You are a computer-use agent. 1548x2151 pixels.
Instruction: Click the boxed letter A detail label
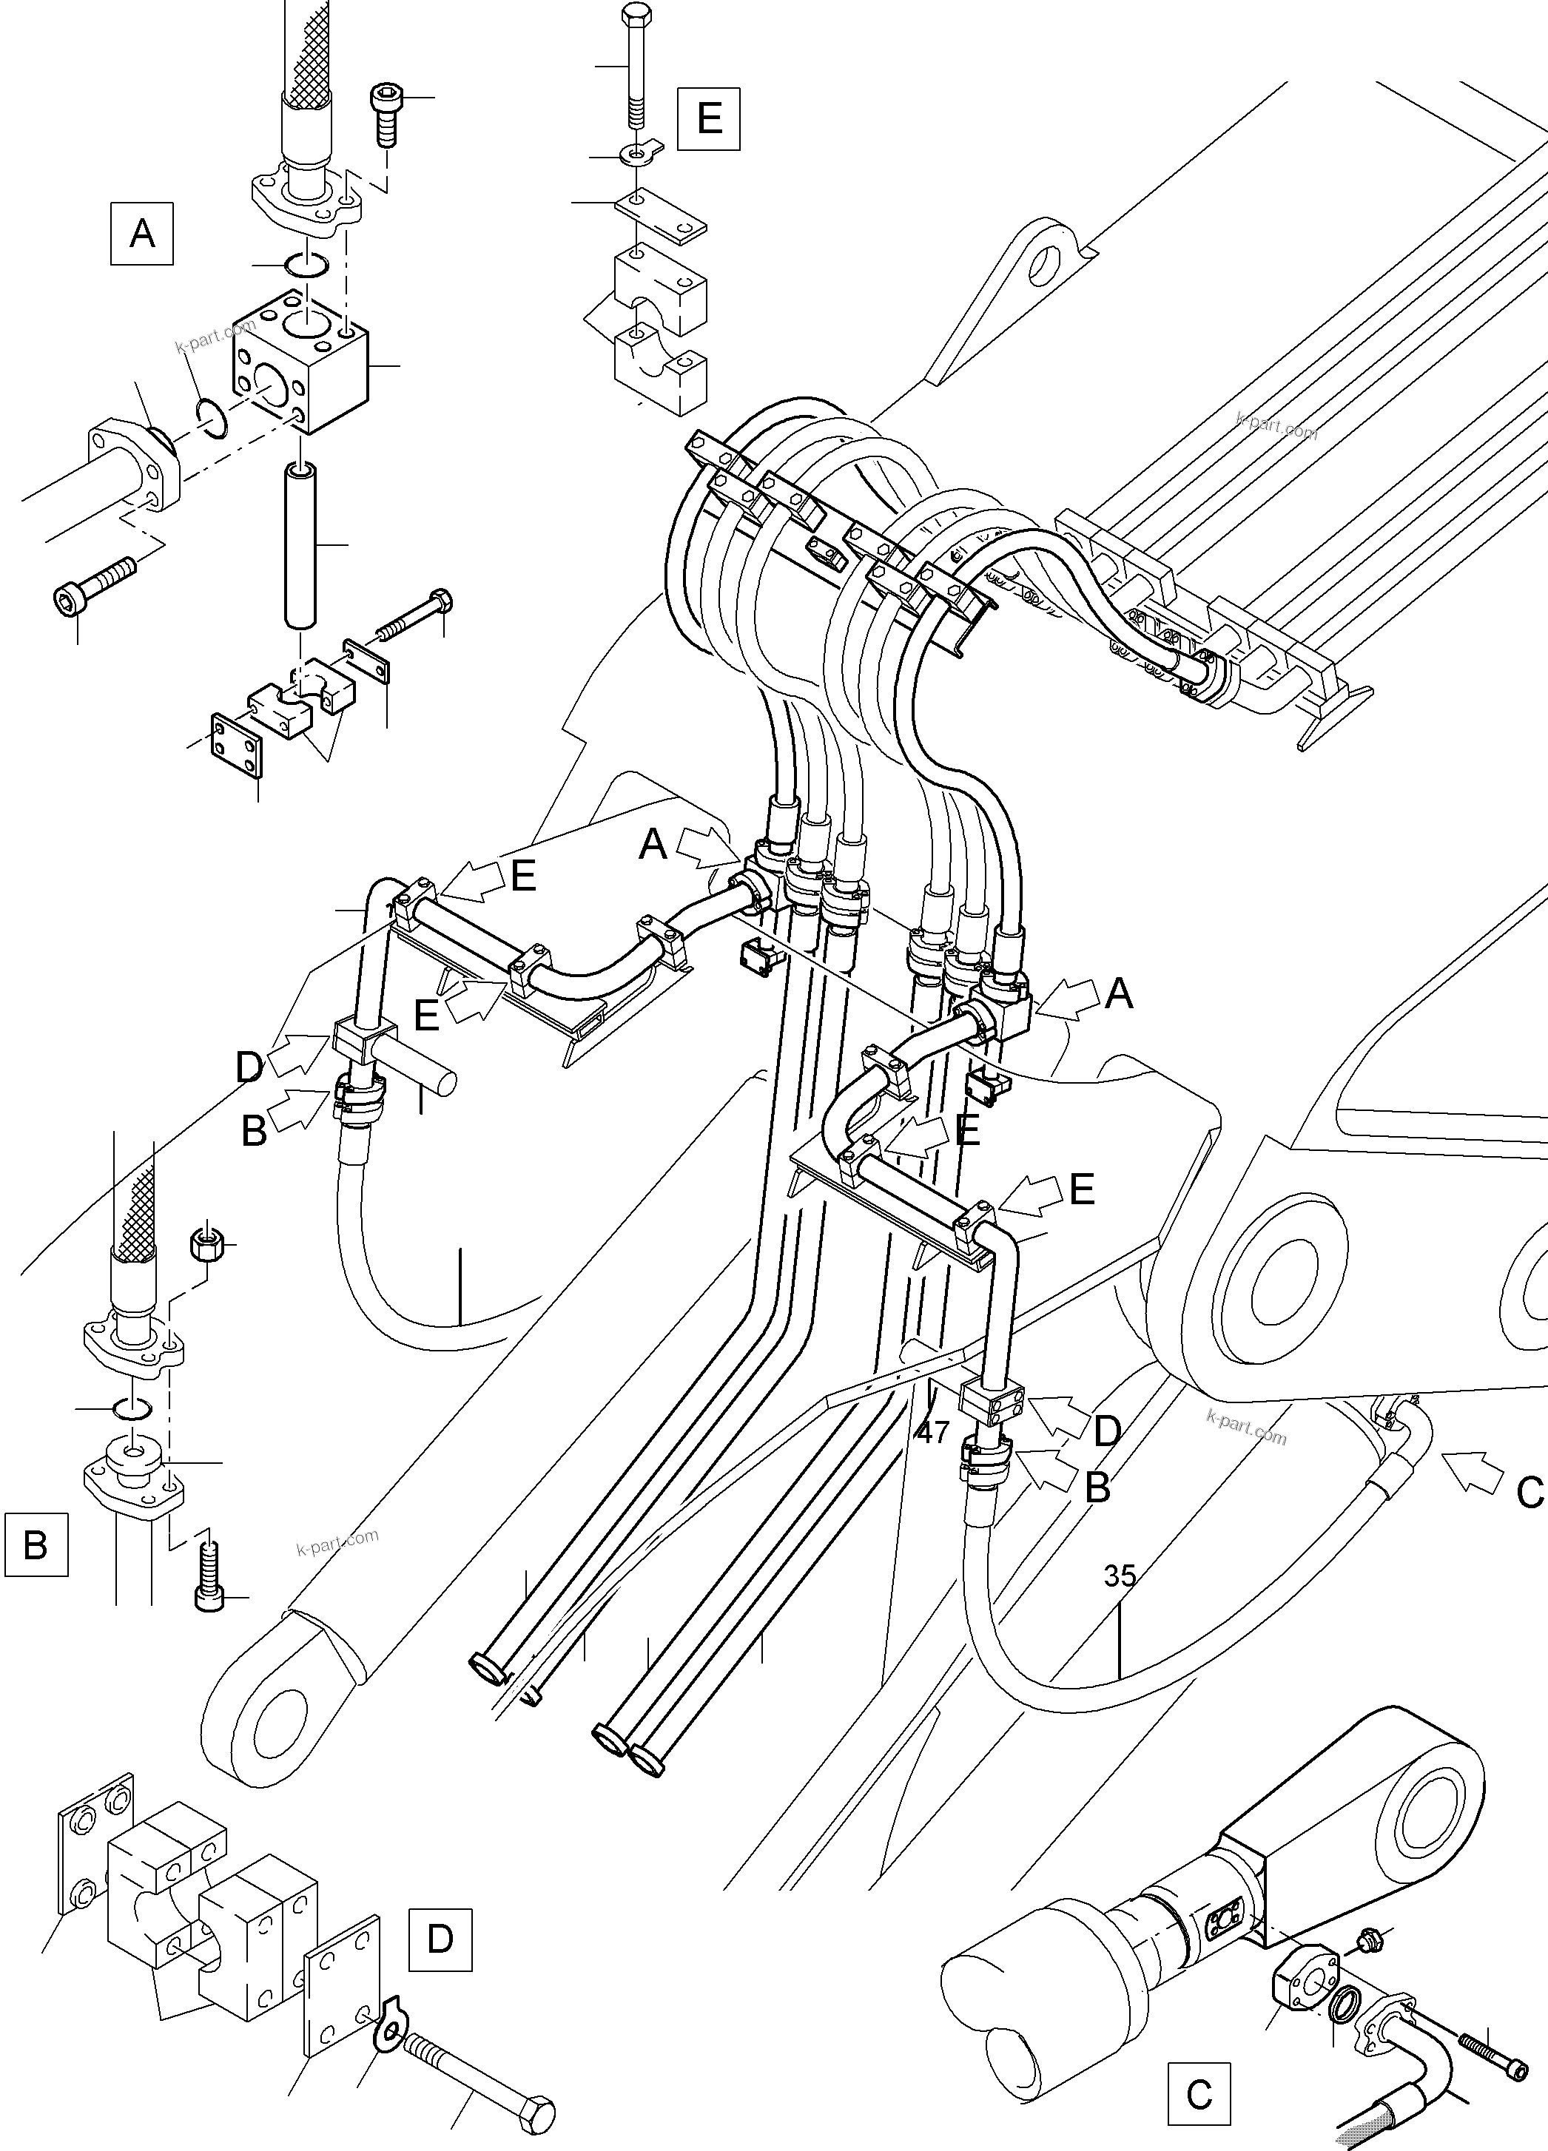click(x=141, y=232)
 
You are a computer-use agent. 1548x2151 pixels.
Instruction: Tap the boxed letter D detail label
click(x=440, y=1939)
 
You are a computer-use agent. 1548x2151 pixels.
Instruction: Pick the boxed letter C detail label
click(x=1199, y=2093)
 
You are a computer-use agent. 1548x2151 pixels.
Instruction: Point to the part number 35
click(x=1120, y=1576)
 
